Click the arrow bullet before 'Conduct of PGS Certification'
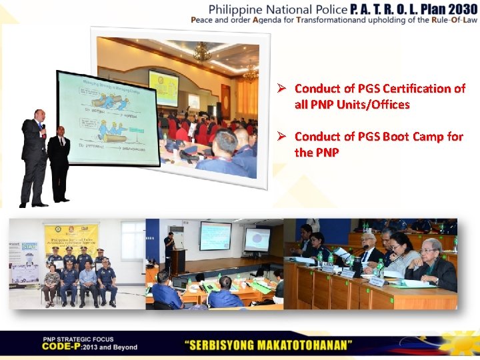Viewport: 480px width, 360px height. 282,89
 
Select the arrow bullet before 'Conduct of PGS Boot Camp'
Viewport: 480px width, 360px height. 282,137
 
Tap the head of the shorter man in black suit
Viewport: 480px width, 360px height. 61,131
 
